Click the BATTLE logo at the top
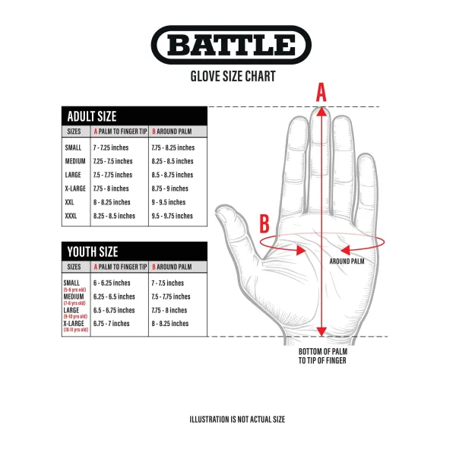[231, 46]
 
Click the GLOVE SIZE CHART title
[232, 76]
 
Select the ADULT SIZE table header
[92, 116]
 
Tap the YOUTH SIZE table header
[93, 252]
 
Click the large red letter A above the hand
[321, 92]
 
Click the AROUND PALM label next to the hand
[347, 261]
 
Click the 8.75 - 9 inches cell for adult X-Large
[169, 188]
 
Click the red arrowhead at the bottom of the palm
[321, 331]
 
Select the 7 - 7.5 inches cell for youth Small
[168, 283]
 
